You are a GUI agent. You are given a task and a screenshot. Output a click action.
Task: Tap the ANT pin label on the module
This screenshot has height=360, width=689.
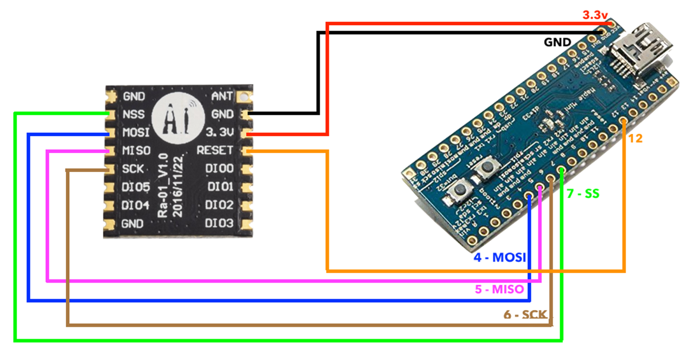click(x=222, y=96)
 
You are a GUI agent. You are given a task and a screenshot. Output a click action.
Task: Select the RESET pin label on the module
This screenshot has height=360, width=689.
click(x=215, y=151)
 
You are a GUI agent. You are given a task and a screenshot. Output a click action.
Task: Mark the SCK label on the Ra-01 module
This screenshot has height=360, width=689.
click(x=133, y=169)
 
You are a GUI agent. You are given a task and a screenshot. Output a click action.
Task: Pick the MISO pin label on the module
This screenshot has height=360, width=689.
click(x=136, y=151)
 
